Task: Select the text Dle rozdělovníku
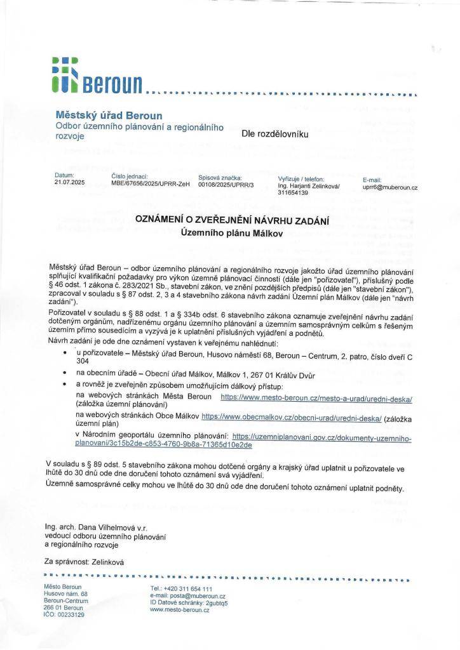[x=274, y=135]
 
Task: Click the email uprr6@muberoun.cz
[x=389, y=188]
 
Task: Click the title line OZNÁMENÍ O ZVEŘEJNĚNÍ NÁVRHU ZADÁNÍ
[x=231, y=220]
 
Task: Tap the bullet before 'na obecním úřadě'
[x=65, y=375]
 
